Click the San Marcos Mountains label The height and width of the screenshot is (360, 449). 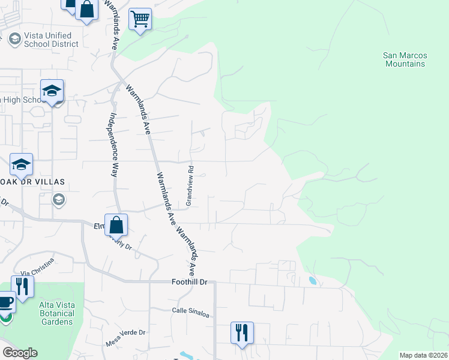[x=405, y=59]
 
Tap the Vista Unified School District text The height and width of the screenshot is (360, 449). [x=50, y=40]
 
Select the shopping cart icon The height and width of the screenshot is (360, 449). [x=140, y=19]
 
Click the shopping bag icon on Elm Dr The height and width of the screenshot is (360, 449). [x=116, y=225]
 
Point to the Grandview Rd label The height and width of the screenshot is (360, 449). [x=189, y=186]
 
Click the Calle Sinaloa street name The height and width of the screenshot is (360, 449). [x=189, y=310]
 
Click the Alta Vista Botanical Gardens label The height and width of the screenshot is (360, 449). [x=56, y=313]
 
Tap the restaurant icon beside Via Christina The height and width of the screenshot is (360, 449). [x=23, y=286]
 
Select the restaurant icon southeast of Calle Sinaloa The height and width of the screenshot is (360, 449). [x=242, y=332]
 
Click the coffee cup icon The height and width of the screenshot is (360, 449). [x=5, y=302]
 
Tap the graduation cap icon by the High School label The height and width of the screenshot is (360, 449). [x=52, y=91]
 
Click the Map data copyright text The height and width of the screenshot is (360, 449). [x=423, y=355]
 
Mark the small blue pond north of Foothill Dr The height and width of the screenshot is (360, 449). [x=312, y=280]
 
